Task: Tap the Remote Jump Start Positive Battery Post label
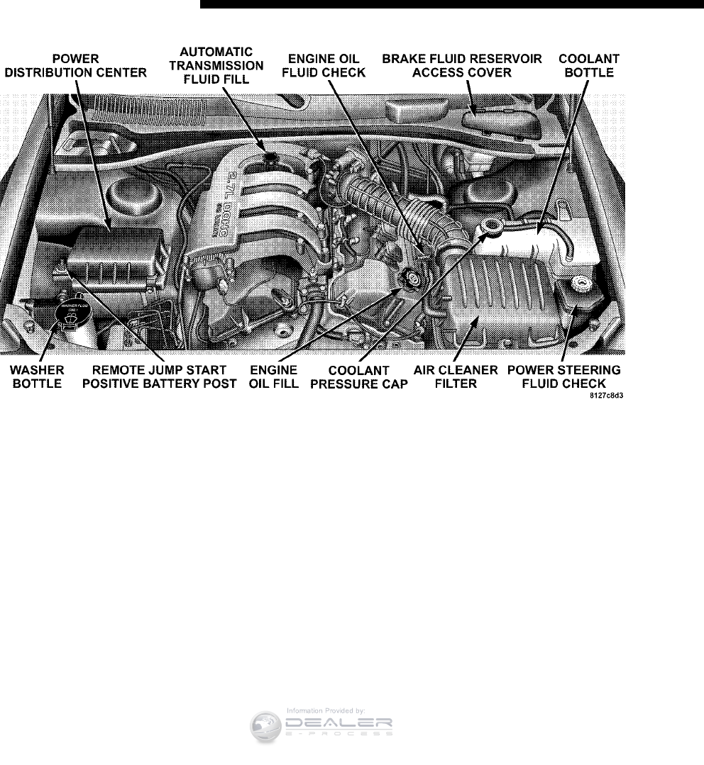point(159,377)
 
